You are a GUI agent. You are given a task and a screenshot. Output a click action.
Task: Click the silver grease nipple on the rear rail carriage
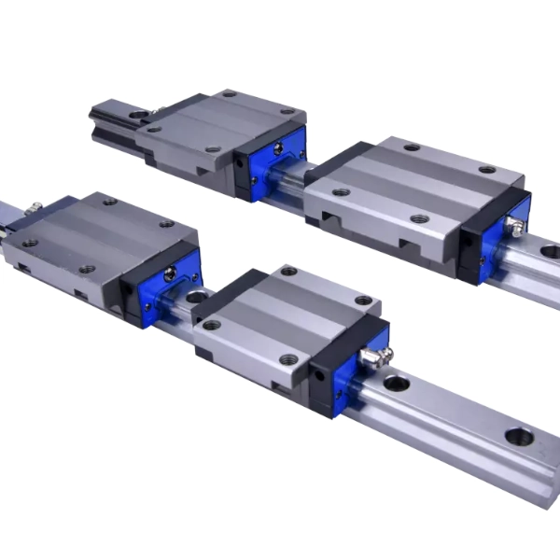pos(514,225)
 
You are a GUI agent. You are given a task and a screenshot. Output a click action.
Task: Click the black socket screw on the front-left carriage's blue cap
pos(171,273)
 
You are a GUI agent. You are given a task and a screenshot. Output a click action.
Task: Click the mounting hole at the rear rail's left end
pos(141,115)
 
